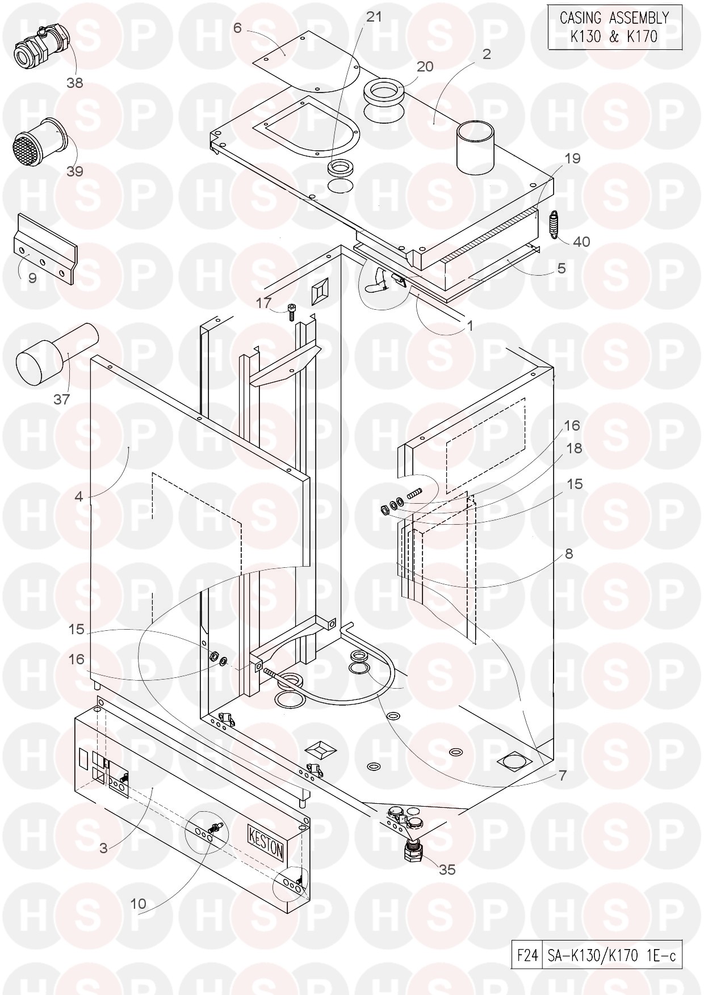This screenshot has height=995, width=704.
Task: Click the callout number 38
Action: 74,83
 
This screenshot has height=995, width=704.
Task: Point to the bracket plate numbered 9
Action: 45,249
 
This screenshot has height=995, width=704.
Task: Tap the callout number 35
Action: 447,869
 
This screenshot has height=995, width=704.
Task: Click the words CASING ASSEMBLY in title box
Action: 614,18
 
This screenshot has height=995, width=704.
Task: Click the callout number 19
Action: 572,158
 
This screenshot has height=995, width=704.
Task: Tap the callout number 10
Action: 139,904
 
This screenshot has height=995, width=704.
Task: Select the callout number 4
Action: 79,497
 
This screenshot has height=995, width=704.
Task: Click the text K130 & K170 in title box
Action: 615,37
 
